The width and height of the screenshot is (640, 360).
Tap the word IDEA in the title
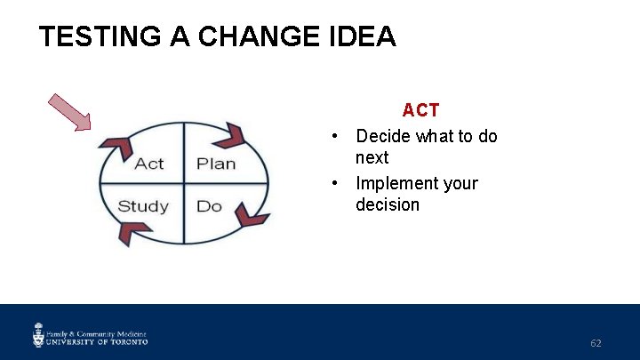[x=365, y=36]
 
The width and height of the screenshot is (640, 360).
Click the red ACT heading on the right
[x=420, y=110]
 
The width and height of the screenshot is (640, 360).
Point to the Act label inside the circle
[x=149, y=164]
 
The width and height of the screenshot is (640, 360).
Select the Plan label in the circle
[x=216, y=164]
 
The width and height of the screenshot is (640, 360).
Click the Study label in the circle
[x=143, y=206]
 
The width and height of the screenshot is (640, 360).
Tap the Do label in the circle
[x=209, y=206]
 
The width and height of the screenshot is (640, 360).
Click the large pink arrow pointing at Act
[x=70, y=112]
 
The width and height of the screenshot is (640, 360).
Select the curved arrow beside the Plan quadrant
[x=230, y=135]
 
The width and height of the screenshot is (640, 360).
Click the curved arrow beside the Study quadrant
[x=133, y=234]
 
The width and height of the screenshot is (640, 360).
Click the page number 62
[x=596, y=343]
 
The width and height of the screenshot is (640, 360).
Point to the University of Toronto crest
[x=38, y=335]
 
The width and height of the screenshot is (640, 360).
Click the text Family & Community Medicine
[x=97, y=330]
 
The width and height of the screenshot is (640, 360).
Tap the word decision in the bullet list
[x=388, y=204]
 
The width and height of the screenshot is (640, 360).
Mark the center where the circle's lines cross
[x=184, y=184]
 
